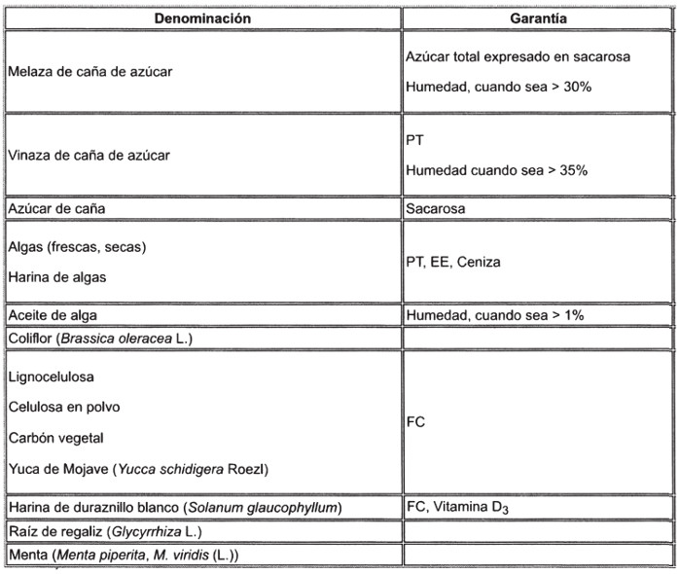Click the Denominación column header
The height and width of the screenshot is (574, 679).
202,18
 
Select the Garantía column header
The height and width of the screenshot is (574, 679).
539,18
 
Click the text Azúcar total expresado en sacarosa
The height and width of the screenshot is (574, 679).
518,57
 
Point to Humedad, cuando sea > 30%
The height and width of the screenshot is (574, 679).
498,87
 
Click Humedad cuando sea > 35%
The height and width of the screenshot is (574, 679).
496,169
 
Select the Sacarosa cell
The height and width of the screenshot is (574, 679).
436,208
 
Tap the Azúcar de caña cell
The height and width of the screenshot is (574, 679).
55,208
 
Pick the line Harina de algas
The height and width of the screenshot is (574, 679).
56,276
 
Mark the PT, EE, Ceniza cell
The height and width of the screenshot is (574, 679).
453,262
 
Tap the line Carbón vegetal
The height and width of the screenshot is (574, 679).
55,438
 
